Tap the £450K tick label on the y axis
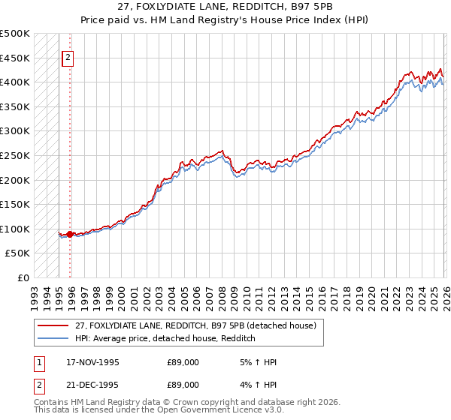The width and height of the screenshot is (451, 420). [x=15, y=58]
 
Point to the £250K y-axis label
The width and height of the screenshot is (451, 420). [x=15, y=155]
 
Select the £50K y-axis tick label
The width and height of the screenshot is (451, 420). [x=18, y=253]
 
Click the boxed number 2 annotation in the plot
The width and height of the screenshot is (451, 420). [x=68, y=57]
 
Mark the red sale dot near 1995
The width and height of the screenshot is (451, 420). [x=70, y=234]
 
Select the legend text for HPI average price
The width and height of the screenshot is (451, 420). [x=165, y=339]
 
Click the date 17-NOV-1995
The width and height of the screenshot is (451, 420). [x=93, y=362]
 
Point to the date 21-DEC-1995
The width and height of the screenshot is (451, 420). [x=93, y=385]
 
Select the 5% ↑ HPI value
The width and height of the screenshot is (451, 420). [x=256, y=362]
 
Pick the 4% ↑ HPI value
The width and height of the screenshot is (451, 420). [x=256, y=385]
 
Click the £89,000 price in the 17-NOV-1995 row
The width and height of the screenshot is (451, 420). [x=183, y=362]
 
